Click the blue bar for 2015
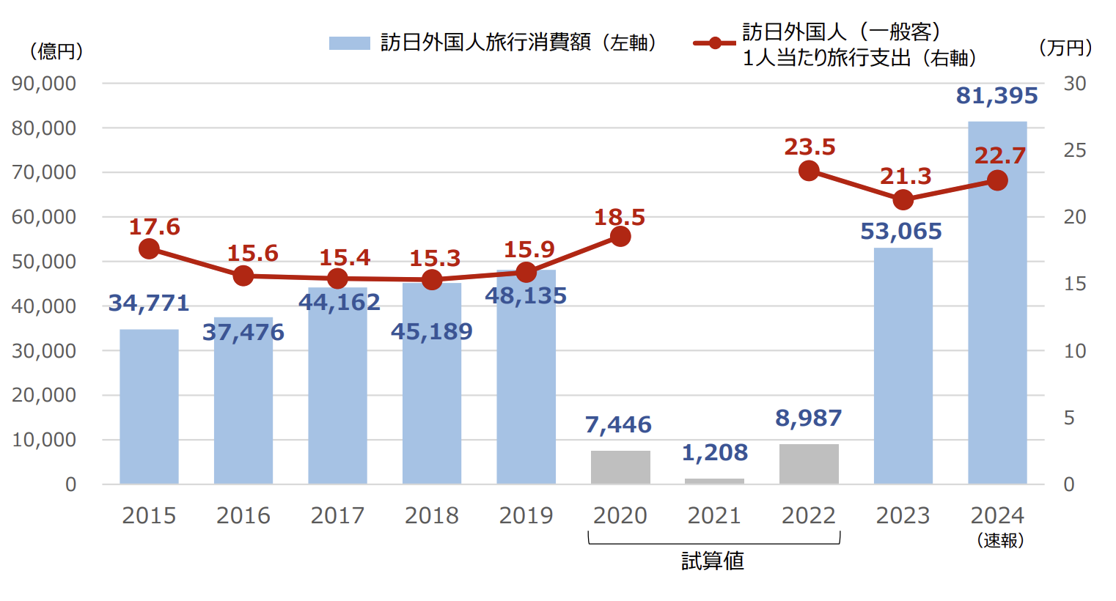(149, 407)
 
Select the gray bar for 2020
(620, 467)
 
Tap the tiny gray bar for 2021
(714, 481)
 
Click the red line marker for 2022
(809, 171)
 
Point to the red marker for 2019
(526, 273)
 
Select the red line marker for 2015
(149, 249)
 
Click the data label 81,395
(996, 96)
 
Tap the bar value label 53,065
(901, 232)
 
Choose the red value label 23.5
(810, 147)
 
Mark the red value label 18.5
(620, 217)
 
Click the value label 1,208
(715, 453)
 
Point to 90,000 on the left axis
(44, 84)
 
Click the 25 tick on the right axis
(1074, 150)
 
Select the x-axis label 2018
(432, 516)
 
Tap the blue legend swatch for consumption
(349, 43)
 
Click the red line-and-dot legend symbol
(714, 43)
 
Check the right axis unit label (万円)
(1065, 48)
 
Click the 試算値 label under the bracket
(713, 561)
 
